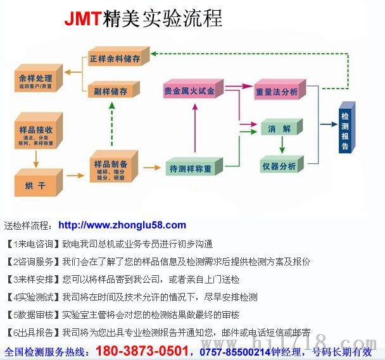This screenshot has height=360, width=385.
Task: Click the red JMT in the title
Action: [x=82, y=18]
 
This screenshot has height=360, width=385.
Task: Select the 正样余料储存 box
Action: [x=118, y=58]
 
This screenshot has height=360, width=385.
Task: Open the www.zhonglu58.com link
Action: [x=122, y=225]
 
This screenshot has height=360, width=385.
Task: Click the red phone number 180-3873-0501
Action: [x=149, y=350]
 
